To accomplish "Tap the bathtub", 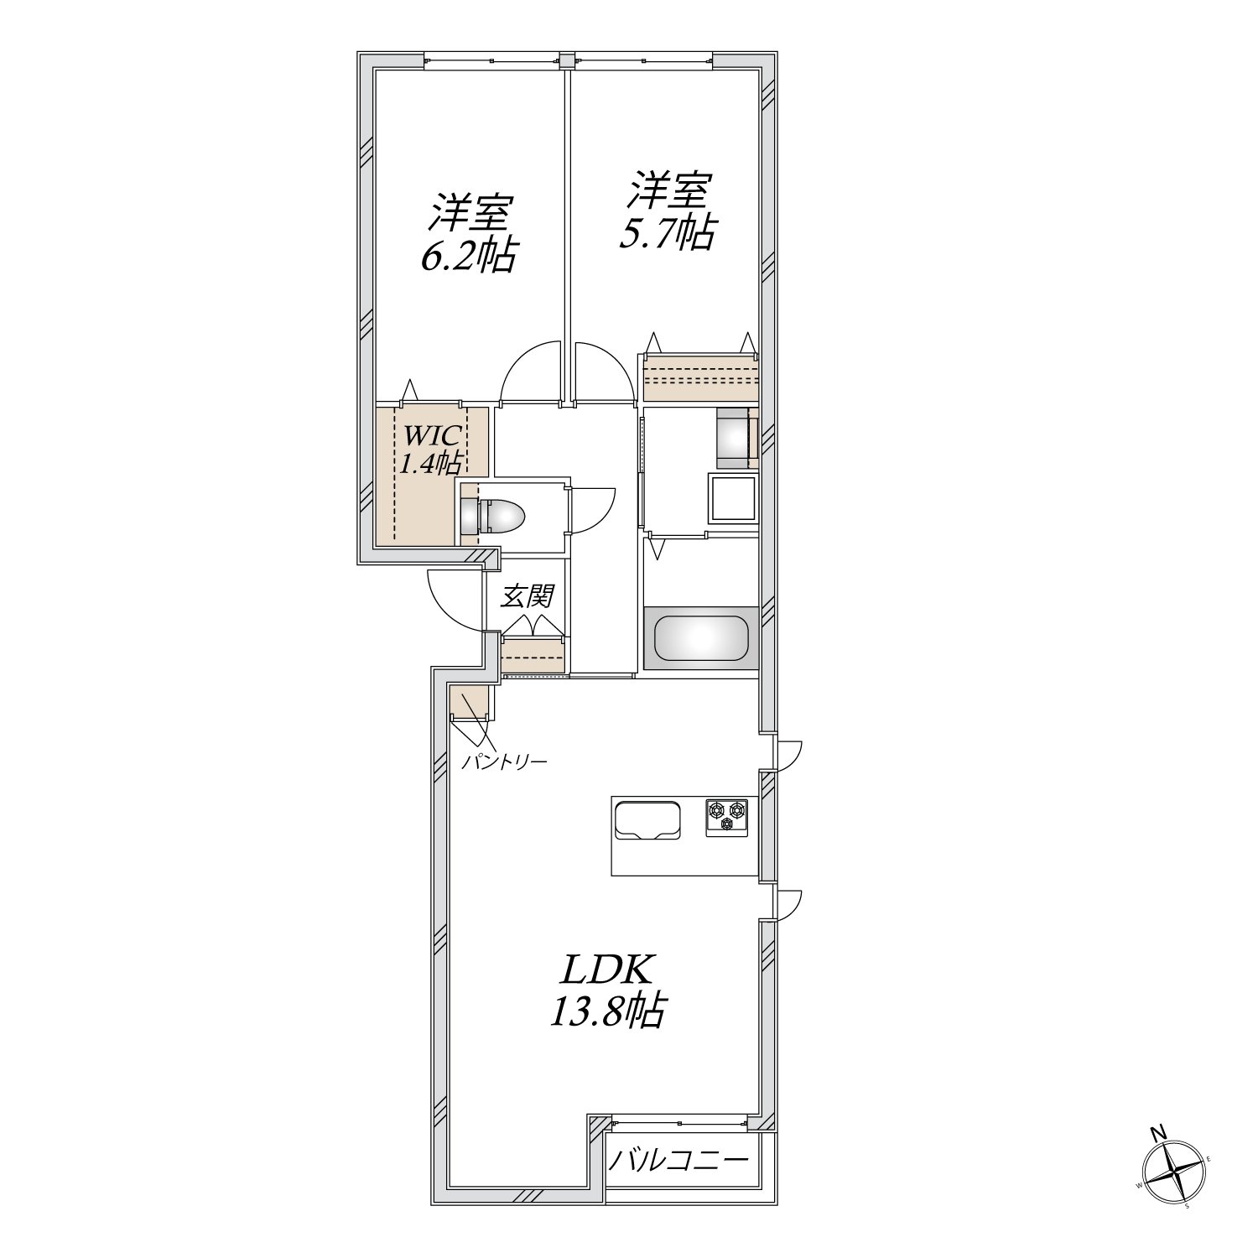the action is (700, 637).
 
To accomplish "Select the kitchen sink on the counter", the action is (647, 819).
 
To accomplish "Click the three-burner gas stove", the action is (726, 815).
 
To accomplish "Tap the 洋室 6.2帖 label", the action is (467, 234).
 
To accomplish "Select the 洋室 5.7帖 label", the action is (667, 211).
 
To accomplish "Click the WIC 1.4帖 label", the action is (429, 450).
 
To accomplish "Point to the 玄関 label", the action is (528, 596).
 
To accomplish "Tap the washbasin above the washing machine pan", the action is (736, 438).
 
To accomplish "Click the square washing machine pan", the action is (734, 499).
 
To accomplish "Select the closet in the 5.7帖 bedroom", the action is (700, 377).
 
